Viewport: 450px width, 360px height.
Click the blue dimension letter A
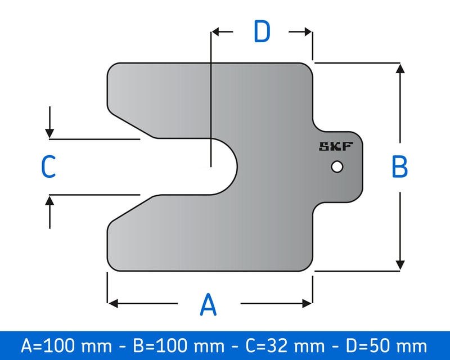pyautogui.click(x=208, y=304)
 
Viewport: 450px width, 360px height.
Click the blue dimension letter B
pyautogui.click(x=399, y=167)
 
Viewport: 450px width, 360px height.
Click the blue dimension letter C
pyautogui.click(x=48, y=167)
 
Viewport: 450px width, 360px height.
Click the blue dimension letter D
pyautogui.click(x=262, y=32)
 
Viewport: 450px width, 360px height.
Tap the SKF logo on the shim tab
pyautogui.click(x=336, y=147)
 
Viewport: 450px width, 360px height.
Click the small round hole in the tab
pyautogui.click(x=337, y=167)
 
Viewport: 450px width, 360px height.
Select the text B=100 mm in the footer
pyautogui.click(x=174, y=345)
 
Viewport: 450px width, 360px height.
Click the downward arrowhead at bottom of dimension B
pyautogui.click(x=400, y=265)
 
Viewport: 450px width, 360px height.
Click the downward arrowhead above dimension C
pyautogui.click(x=50, y=133)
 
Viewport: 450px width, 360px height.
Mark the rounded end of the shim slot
pyautogui.click(x=235, y=167)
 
